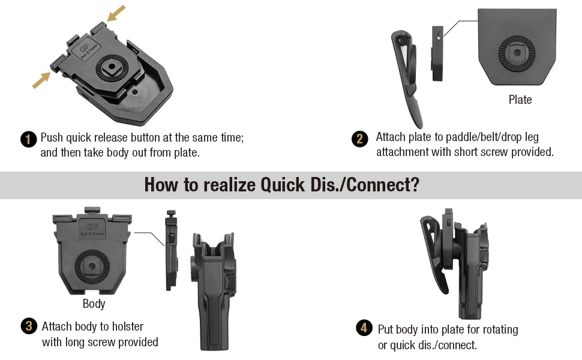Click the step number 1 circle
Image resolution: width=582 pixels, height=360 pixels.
point(29,139)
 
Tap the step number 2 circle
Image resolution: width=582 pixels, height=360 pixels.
point(359,139)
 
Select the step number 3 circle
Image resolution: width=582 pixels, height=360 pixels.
point(29,326)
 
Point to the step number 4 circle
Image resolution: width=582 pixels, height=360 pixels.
point(364,328)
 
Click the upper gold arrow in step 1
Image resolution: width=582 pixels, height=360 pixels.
point(116,13)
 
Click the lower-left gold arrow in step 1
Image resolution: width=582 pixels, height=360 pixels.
point(41,80)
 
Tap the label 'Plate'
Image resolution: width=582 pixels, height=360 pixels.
point(520,100)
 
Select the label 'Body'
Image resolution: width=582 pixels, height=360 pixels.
point(94,304)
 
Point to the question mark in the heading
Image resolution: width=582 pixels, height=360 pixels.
point(415,184)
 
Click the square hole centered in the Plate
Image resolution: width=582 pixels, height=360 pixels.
point(517,53)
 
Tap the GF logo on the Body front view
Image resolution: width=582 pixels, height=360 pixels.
point(92,229)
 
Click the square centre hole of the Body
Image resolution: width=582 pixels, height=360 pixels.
point(91,266)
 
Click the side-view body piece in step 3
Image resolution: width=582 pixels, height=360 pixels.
point(171,250)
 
